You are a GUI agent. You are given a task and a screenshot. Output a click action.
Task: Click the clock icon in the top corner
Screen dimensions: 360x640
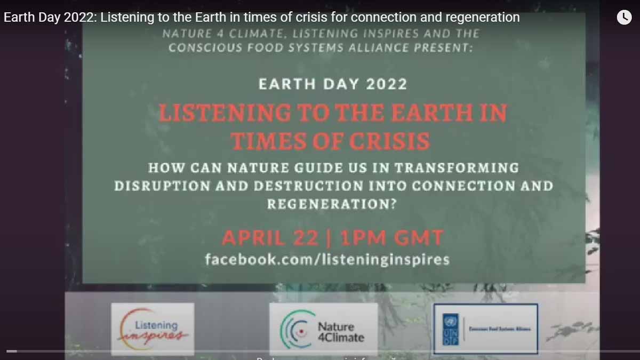click(x=624, y=17)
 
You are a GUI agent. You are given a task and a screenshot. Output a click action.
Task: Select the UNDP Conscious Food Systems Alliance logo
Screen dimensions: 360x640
click(x=485, y=329)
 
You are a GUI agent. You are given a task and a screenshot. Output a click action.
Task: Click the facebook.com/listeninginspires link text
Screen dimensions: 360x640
click(x=327, y=260)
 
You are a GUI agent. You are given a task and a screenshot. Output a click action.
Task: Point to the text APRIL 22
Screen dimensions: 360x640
click(x=270, y=238)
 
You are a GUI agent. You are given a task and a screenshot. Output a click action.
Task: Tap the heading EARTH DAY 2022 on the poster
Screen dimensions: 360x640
click(x=332, y=84)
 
